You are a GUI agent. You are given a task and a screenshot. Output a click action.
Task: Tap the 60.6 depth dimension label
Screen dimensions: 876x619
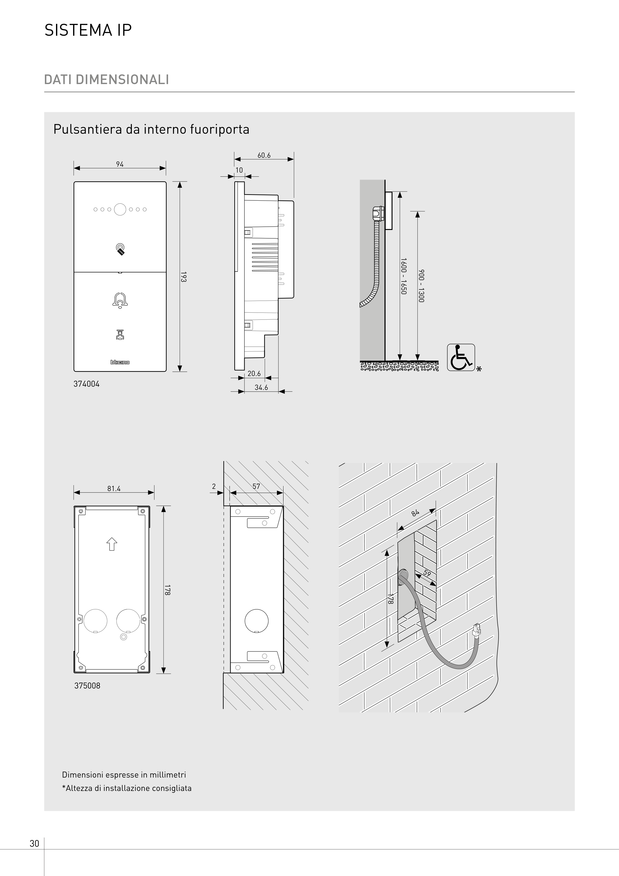pyautogui.click(x=264, y=155)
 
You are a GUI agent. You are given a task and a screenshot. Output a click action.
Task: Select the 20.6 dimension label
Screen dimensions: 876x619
pyautogui.click(x=254, y=374)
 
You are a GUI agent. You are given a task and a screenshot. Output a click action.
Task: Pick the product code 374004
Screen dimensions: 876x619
pyautogui.click(x=87, y=384)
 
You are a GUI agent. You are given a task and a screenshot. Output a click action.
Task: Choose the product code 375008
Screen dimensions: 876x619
pyautogui.click(x=87, y=686)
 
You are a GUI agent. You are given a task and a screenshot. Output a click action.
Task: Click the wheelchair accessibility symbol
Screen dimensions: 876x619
pyautogui.click(x=461, y=357)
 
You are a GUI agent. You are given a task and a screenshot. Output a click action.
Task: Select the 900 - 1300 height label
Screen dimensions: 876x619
pyautogui.click(x=421, y=286)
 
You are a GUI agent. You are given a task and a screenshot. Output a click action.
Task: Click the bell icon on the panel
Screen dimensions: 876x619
pyautogui.click(x=120, y=300)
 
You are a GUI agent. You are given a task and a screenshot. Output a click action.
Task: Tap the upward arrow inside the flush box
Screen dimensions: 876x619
pyautogui.click(x=111, y=544)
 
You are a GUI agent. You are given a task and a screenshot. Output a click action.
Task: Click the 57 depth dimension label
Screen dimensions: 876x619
pyautogui.click(x=256, y=486)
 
